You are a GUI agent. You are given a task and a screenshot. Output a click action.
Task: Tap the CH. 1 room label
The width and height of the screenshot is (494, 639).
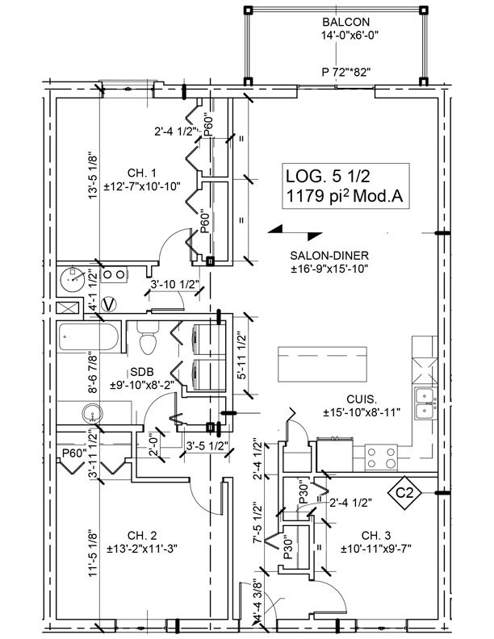pyautogui.click(x=141, y=172)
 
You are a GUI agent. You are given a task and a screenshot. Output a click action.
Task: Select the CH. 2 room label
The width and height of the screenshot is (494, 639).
pyautogui.click(x=142, y=534)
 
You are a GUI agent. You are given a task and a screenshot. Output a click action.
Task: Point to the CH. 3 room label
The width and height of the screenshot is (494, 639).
pyautogui.click(x=375, y=535)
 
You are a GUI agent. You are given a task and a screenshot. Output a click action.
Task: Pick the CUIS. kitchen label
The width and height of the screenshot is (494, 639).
pyautogui.click(x=361, y=398)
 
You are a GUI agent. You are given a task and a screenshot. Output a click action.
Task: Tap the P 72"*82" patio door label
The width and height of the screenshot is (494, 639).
pyautogui.click(x=345, y=72)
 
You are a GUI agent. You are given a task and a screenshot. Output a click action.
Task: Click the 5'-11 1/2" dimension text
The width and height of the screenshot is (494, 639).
pyautogui.click(x=241, y=358)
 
